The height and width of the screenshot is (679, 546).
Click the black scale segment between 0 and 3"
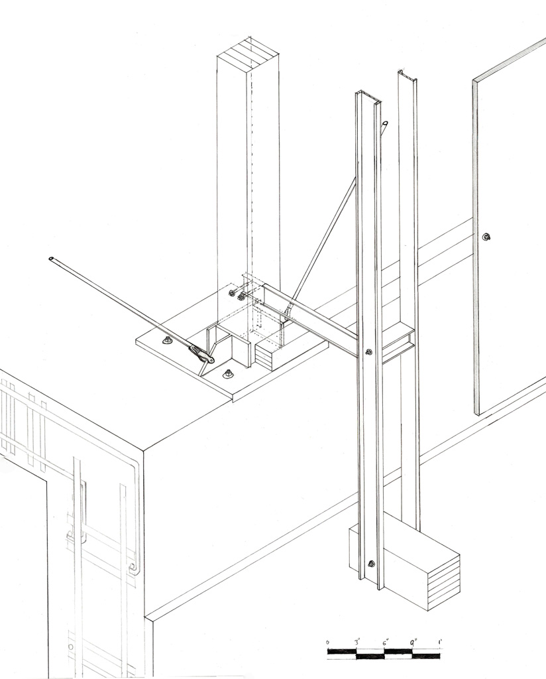342,651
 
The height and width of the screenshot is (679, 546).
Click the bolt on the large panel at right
486,237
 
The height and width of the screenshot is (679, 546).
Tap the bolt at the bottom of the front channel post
371,564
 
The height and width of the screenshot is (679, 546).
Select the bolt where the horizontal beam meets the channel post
368,351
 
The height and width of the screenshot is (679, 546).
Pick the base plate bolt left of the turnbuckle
168,340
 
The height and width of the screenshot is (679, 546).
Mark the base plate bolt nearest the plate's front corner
227,374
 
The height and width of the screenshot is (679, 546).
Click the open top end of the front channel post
369,97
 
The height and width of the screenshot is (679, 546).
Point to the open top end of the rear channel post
407,76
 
